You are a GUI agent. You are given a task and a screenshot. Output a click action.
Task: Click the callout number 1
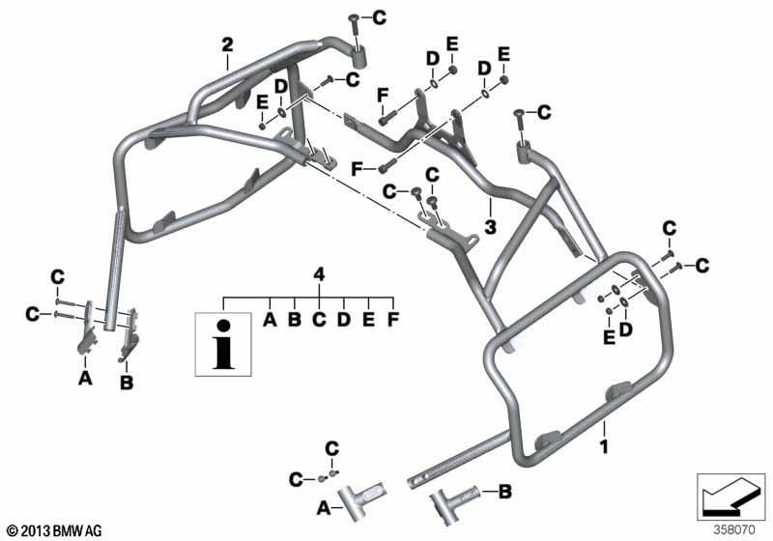[603, 446]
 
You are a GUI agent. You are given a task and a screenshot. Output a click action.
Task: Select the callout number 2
[227, 44]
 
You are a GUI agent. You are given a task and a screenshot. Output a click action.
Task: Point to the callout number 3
[490, 227]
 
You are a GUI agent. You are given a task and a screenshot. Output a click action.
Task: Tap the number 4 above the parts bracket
[320, 274]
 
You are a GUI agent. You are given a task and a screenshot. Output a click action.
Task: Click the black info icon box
[223, 345]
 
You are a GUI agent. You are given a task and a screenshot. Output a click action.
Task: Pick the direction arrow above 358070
[730, 496]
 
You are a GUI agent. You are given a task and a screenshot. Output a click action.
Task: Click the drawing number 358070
[734, 530]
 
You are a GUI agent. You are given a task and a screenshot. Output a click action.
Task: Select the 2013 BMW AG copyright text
[55, 530]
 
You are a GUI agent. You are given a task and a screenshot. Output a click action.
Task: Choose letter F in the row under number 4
[393, 319]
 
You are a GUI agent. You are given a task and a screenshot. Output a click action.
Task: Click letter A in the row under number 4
[270, 319]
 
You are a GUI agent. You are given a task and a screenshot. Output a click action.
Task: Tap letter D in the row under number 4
[344, 319]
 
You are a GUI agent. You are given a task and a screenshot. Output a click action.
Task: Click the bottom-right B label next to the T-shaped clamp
[504, 491]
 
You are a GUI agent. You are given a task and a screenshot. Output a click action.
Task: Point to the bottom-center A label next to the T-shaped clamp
[324, 507]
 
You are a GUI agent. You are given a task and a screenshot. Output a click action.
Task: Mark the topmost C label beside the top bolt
[379, 17]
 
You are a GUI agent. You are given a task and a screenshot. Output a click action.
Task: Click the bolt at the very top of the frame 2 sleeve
[354, 30]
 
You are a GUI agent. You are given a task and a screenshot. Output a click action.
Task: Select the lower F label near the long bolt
[357, 169]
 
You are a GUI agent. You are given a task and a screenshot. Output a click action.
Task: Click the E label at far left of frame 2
[262, 102]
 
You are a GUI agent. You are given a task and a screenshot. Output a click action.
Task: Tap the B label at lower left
[127, 382]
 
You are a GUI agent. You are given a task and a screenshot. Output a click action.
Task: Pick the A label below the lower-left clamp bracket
[85, 378]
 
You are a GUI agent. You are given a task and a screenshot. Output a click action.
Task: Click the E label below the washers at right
[610, 337]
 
